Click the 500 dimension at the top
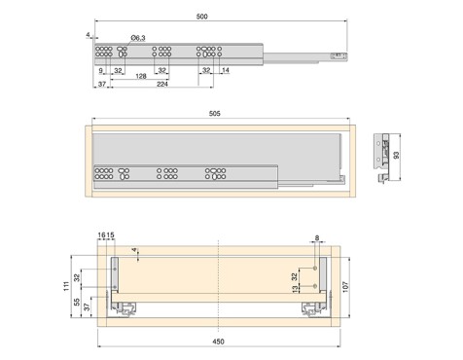(201, 17)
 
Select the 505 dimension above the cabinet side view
(214, 114)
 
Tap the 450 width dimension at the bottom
(218, 342)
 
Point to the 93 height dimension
(396, 155)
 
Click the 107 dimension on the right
(345, 287)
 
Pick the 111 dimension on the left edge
(66, 286)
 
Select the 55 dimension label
(77, 303)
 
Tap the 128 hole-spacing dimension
(141, 76)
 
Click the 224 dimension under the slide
(162, 84)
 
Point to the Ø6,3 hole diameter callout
(138, 38)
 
